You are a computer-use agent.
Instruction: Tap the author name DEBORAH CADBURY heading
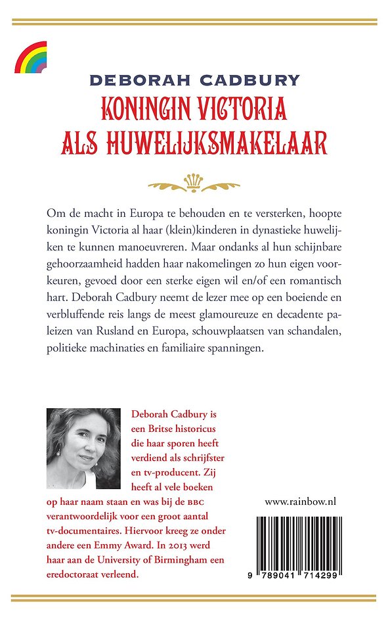194,81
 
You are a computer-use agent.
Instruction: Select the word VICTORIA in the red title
243,108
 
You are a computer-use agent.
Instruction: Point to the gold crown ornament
194,182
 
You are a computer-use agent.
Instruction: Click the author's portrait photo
84,448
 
